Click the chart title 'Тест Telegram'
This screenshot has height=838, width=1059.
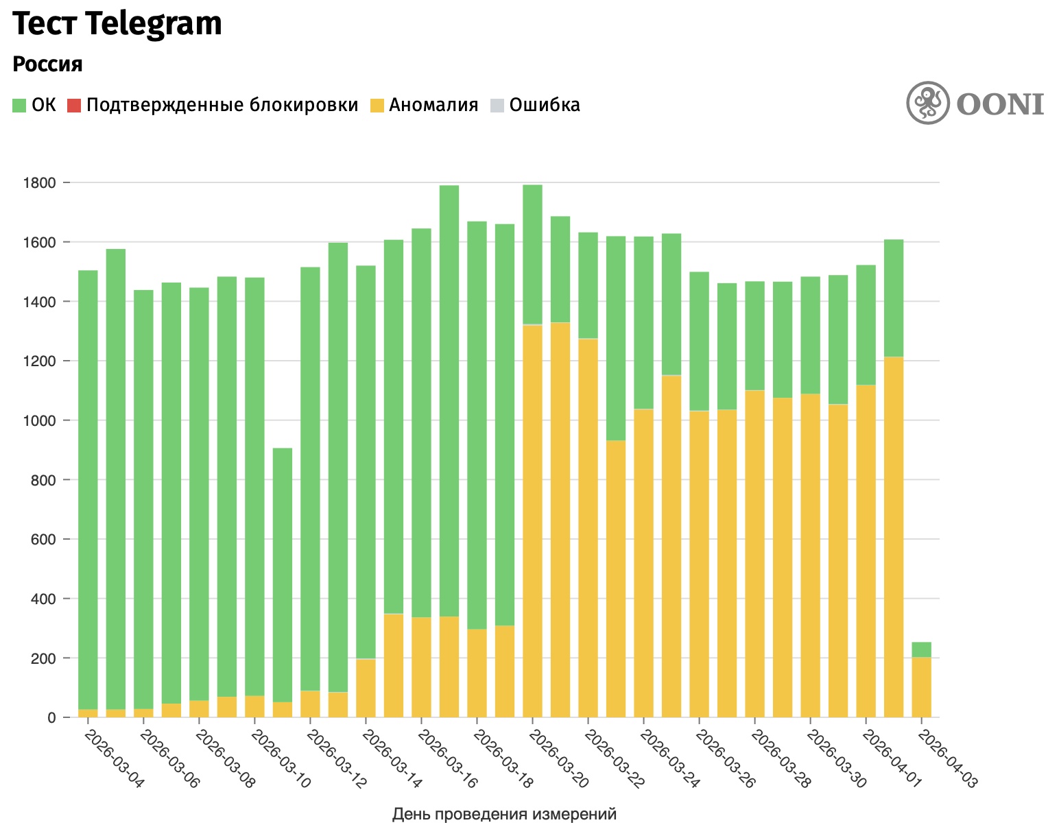tap(118, 25)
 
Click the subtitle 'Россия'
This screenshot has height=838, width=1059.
tap(48, 64)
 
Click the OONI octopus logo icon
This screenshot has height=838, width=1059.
tap(928, 103)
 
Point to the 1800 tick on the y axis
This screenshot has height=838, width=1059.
tap(40, 183)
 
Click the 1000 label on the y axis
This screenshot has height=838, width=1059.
tap(40, 420)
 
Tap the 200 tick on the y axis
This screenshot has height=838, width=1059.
tap(45, 658)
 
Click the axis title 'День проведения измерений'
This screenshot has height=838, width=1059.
tap(504, 814)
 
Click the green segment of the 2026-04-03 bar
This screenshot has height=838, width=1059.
tap(921, 649)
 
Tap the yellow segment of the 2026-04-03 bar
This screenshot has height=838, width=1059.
tap(921, 688)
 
